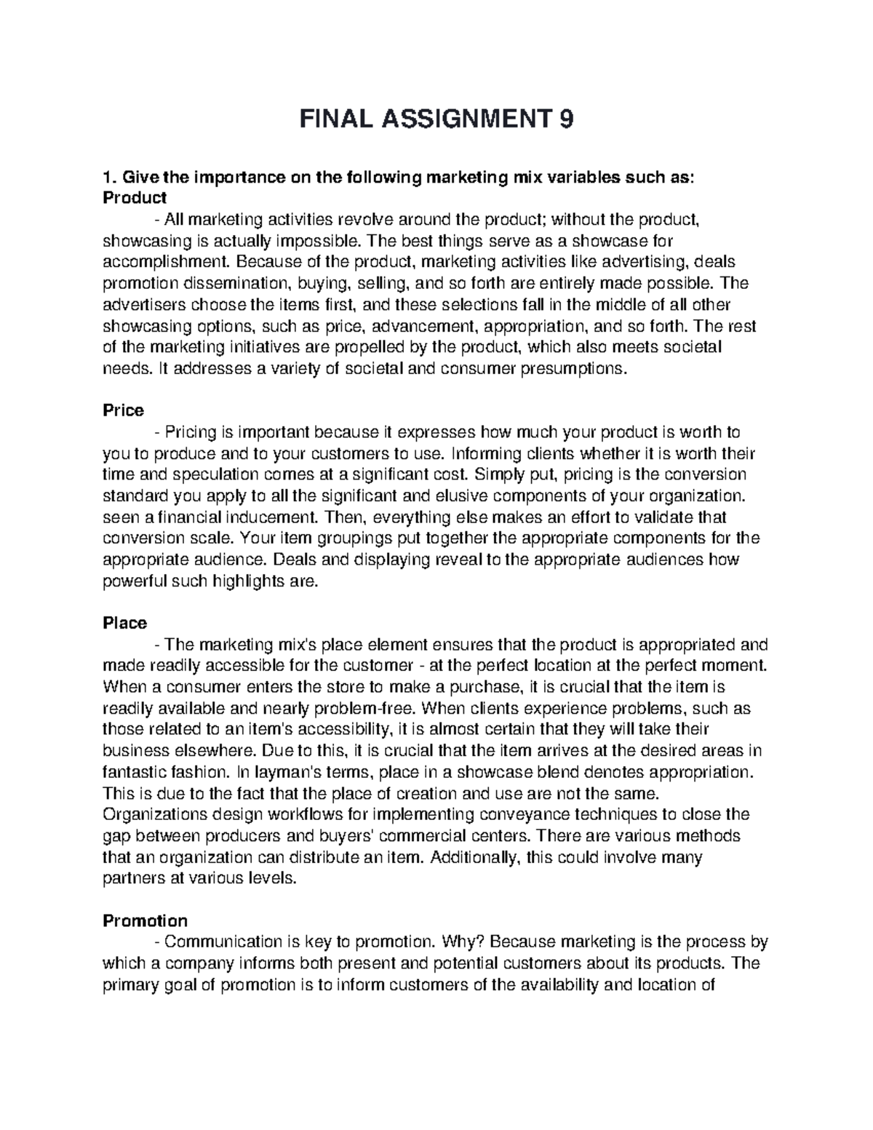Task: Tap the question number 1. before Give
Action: [x=110, y=177]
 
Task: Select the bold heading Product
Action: [x=135, y=197]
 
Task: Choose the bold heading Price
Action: [x=123, y=410]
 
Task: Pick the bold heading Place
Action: [x=125, y=623]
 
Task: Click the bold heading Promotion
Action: [x=145, y=920]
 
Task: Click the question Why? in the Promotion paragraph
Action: [x=463, y=942]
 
